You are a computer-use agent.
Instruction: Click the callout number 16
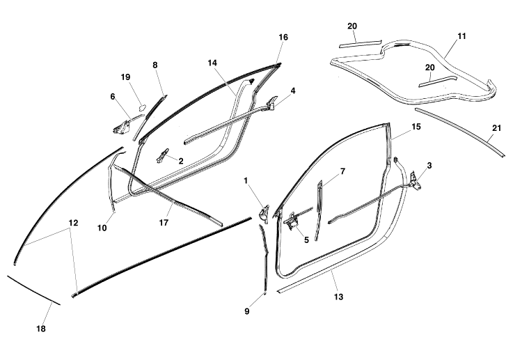click(283, 38)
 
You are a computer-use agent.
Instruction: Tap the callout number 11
click(461, 36)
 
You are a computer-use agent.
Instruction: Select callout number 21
click(496, 128)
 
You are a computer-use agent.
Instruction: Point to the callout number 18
click(41, 329)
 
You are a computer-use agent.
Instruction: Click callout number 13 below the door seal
click(338, 297)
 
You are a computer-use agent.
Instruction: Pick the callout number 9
click(247, 311)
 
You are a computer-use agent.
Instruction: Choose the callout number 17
click(164, 223)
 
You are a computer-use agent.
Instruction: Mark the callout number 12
click(74, 223)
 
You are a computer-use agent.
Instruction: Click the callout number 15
click(416, 127)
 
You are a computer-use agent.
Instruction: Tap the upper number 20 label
click(352, 26)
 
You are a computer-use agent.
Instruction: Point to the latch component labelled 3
click(416, 182)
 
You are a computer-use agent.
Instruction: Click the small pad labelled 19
click(142, 106)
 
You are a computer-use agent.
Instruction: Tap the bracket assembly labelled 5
click(292, 221)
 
